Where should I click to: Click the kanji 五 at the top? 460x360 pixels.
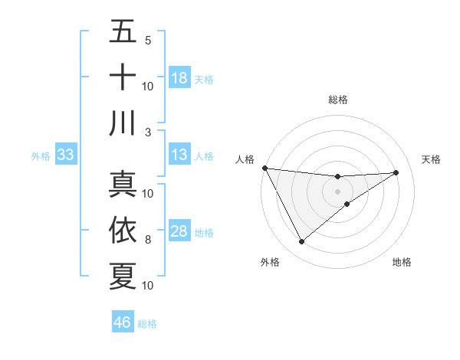point(123,32)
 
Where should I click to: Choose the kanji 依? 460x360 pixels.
point(123,231)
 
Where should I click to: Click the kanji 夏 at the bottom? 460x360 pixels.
point(123,276)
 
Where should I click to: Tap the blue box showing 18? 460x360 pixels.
point(179,78)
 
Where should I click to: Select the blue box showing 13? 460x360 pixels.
point(179,155)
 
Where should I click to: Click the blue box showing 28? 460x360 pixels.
point(179,232)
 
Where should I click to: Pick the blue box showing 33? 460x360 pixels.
point(65,155)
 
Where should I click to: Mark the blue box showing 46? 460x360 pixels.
point(123,322)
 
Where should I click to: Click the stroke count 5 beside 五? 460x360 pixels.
point(148,41)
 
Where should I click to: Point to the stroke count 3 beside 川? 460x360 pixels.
point(148,132)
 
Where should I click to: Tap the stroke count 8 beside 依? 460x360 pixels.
point(148,240)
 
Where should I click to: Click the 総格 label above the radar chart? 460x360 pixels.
point(338,100)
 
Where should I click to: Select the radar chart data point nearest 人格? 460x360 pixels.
point(264,168)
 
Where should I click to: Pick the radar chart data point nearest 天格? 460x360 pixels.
point(396,172)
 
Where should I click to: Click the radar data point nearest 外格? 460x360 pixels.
point(301,242)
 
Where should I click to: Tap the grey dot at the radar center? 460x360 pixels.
point(338,191)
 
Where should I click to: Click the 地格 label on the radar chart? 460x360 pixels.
point(402,262)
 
